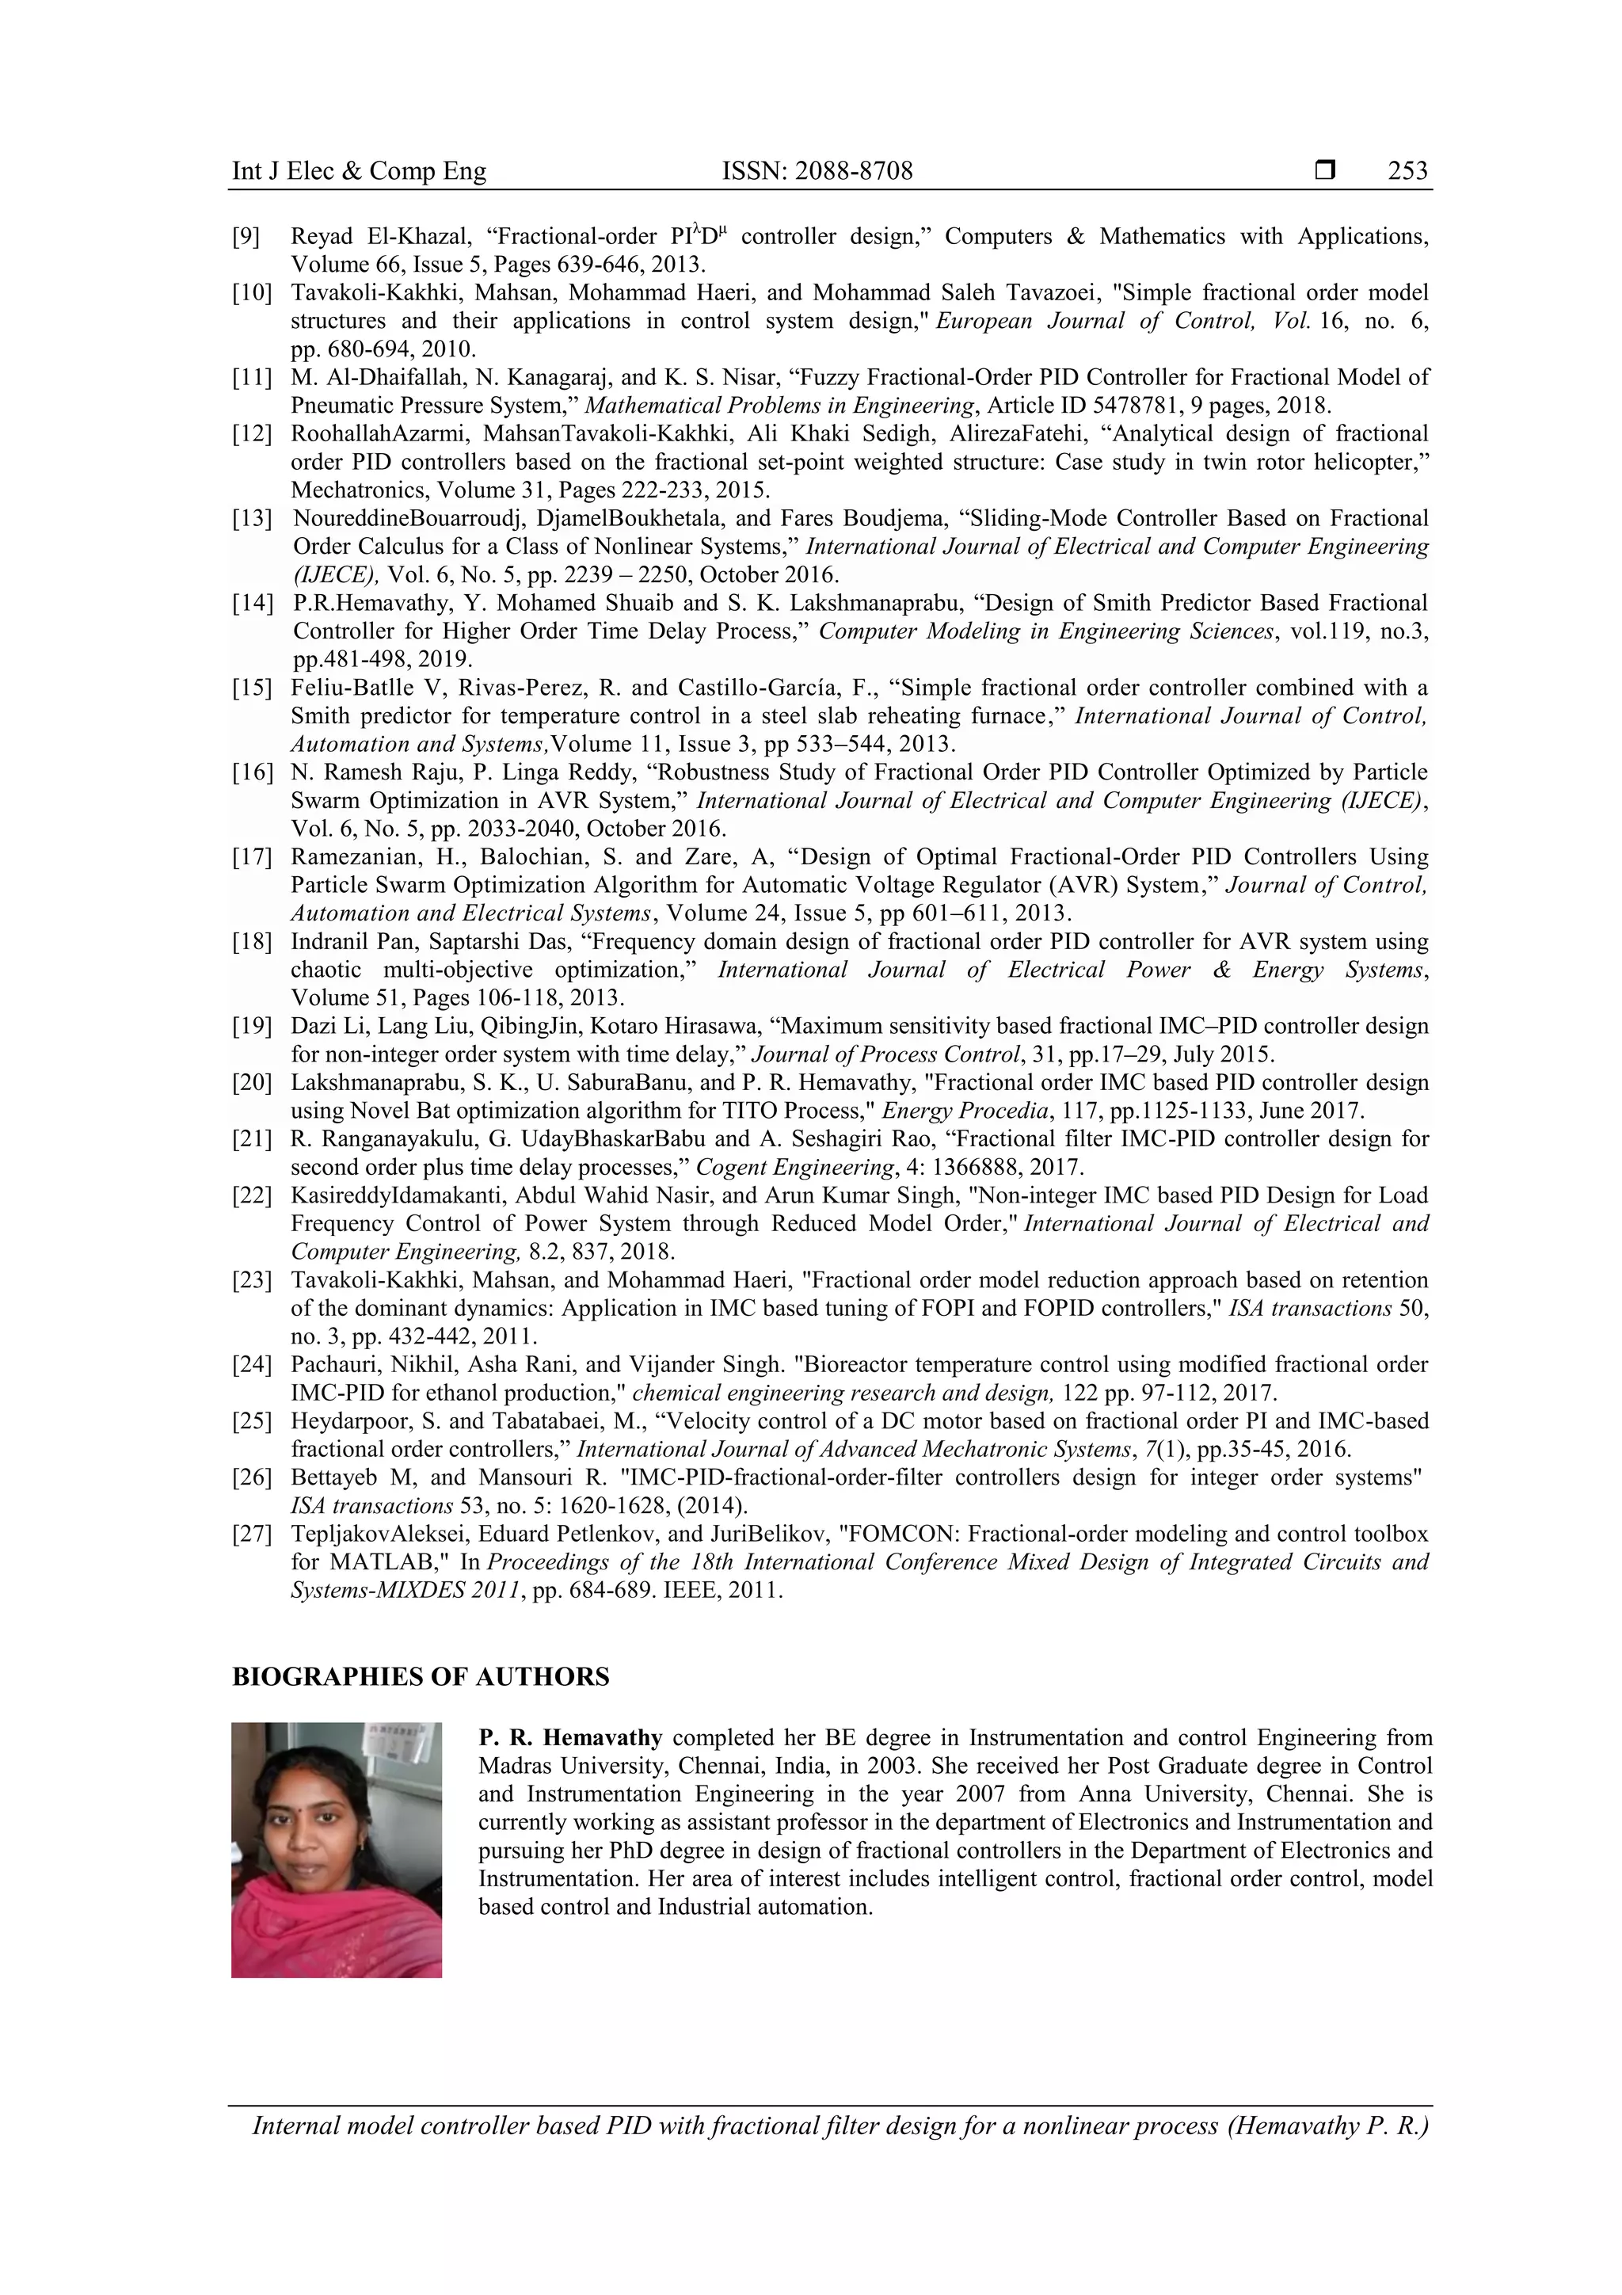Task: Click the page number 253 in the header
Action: pos(1407,171)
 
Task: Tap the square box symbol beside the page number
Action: pos(1325,171)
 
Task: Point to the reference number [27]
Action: pos(252,1534)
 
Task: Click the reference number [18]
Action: pos(252,942)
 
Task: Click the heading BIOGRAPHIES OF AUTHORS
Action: pos(421,1677)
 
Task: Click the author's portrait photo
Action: pos(336,1851)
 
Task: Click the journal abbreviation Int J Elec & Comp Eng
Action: pos(359,171)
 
